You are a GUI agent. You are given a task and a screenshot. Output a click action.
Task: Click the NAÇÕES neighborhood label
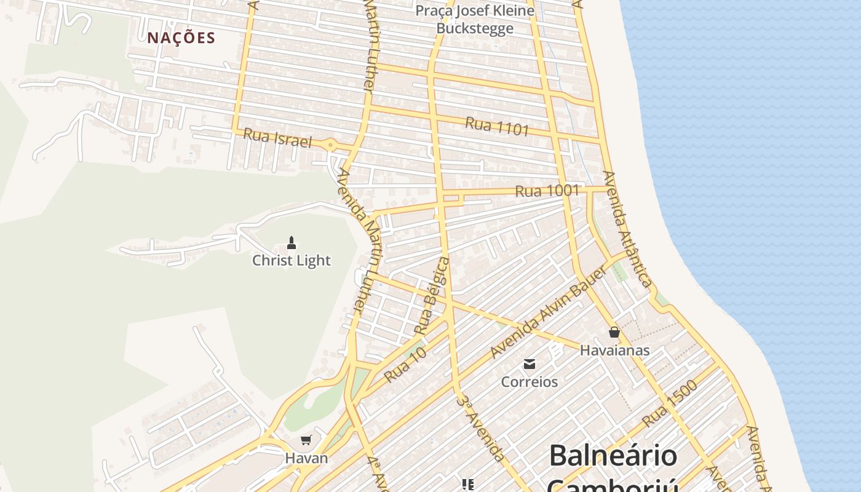point(181,38)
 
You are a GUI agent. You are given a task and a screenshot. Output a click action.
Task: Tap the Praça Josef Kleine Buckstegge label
point(475,19)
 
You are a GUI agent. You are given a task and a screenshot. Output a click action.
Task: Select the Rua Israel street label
point(277,138)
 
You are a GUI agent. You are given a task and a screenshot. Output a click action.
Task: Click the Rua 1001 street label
point(547,191)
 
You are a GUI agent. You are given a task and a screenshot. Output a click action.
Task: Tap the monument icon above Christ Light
point(292,243)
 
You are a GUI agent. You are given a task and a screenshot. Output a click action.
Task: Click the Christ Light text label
point(292,261)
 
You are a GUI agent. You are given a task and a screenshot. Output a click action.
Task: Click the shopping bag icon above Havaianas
point(614,333)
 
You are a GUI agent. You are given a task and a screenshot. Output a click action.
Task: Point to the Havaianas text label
point(614,351)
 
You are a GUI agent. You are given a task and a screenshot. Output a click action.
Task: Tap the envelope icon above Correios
point(530,364)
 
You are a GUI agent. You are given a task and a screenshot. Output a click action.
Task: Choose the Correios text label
point(530,382)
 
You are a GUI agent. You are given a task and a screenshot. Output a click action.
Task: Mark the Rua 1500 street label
point(670,403)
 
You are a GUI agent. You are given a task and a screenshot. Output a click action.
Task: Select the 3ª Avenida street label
point(481,428)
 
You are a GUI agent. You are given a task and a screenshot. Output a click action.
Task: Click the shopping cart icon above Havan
point(306,440)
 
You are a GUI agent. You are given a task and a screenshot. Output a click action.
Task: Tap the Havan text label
point(306,458)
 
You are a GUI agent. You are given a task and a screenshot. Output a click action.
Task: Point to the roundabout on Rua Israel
point(331,146)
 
